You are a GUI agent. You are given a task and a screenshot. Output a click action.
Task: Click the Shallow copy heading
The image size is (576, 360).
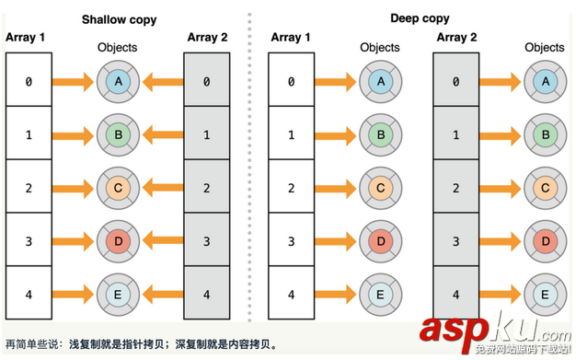118,18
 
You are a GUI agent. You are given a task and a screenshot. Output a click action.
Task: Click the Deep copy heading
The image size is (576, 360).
419,18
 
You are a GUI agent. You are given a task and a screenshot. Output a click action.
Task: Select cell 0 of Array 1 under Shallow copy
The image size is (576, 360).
29,81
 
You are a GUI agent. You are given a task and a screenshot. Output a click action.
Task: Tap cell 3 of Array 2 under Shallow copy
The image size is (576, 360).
206,242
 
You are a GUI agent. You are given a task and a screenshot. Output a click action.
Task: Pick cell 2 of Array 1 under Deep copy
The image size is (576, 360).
291,189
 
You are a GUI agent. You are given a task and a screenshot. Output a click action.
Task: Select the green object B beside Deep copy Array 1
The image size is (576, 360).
380,135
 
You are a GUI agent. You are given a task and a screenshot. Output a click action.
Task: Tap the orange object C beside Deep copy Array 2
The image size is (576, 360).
545,189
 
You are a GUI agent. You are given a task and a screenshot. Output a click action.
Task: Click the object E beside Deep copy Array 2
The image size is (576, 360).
545,296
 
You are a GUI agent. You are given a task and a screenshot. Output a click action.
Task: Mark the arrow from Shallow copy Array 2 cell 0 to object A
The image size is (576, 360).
162,82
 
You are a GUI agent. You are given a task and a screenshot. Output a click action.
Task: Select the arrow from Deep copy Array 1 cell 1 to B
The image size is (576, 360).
336,135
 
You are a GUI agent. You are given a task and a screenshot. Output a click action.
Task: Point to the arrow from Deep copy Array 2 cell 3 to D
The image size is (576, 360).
501,242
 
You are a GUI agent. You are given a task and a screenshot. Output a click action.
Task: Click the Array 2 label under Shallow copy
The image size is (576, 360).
206,37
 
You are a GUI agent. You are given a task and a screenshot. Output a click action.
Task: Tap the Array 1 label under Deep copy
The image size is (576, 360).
291,37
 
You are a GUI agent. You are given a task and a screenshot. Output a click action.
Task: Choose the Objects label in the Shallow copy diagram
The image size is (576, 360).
117,47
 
